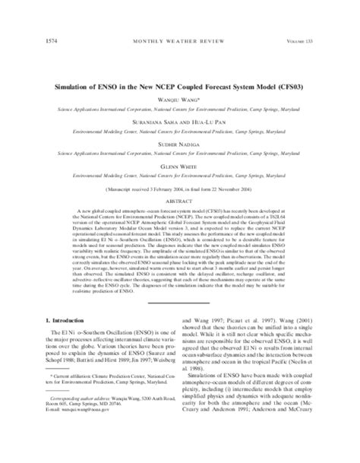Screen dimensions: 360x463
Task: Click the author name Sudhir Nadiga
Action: tap(180, 124)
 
